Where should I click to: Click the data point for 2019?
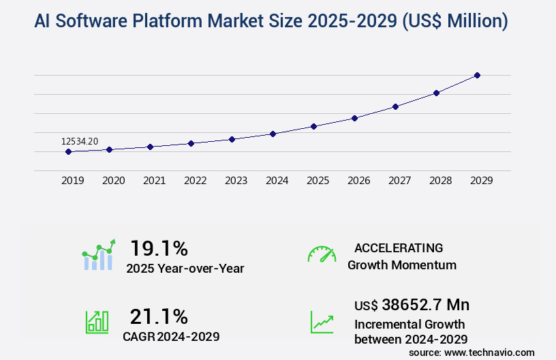pos(68,151)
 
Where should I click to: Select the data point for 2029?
pos(477,75)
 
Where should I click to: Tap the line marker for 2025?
pos(313,126)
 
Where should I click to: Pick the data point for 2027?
pos(395,106)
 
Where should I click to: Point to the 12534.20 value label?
pos(80,141)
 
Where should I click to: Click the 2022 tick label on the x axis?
pos(195,181)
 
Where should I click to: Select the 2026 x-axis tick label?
pos(358,181)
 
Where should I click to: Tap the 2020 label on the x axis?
pos(113,181)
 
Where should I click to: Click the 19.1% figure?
pos(159,247)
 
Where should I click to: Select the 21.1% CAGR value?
pos(159,316)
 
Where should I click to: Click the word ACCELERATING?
pos(399,247)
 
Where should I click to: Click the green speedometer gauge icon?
pos(322,254)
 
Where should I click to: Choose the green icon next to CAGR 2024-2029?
pos(97,322)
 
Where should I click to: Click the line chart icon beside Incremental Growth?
pos(322,322)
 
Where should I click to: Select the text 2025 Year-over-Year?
pos(185,269)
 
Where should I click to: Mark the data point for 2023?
pos(232,139)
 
